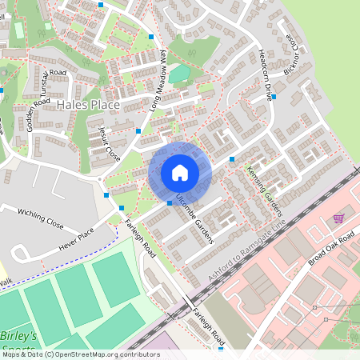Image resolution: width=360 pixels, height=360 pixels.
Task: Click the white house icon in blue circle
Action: click(180, 172)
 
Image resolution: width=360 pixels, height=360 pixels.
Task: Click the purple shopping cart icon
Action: click(338, 218)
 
